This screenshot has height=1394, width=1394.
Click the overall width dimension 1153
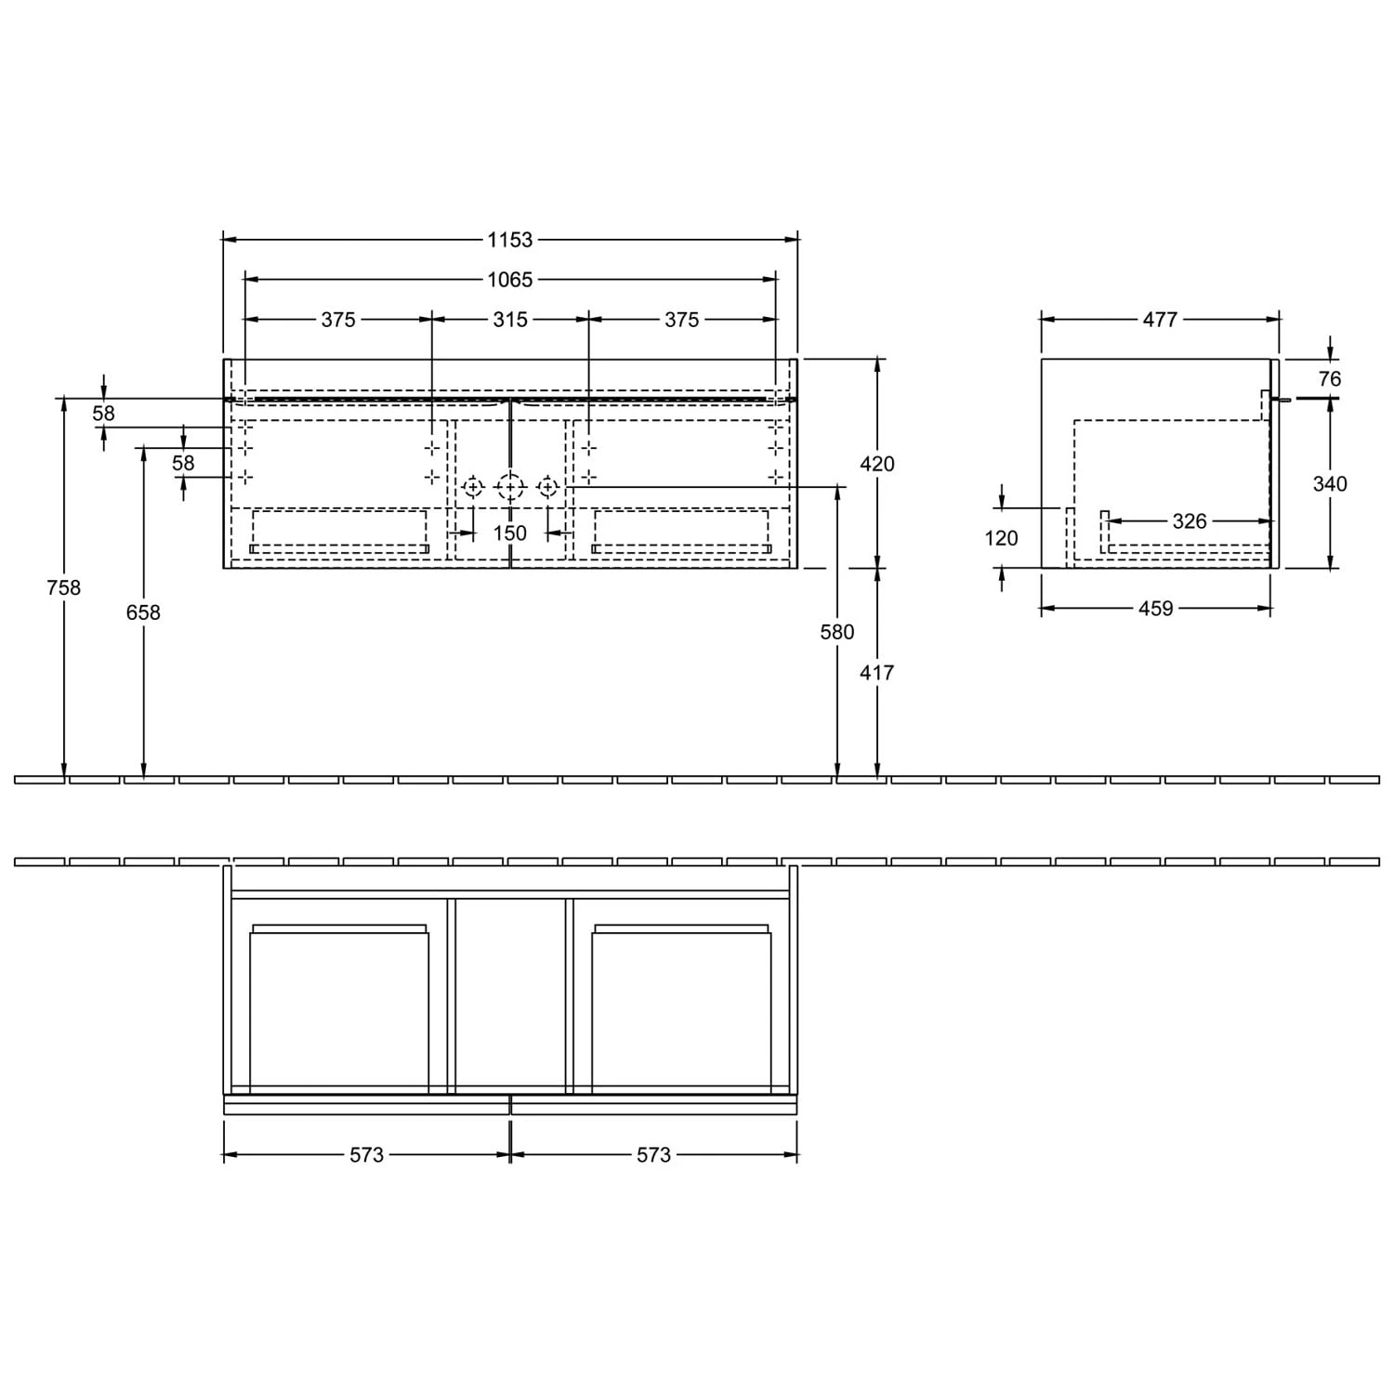510,240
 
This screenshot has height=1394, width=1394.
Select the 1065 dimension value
510,279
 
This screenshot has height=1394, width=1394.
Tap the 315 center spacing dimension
510,320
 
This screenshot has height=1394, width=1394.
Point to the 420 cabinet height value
877,463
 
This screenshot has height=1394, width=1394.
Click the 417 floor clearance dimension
876,672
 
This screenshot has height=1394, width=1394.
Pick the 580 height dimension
837,632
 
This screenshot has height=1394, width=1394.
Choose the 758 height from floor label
63,587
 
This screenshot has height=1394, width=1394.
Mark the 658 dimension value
143,612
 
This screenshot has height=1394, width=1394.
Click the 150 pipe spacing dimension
510,533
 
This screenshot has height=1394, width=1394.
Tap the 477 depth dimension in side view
1160,320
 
